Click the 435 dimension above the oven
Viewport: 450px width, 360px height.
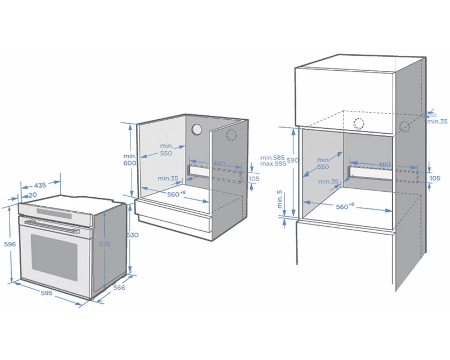(40, 186)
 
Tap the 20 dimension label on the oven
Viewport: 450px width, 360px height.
(33, 195)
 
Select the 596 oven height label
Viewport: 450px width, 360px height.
(10, 244)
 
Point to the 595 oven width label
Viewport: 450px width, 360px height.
(46, 293)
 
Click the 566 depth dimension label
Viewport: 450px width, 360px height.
(119, 288)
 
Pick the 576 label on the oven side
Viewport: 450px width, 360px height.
(105, 244)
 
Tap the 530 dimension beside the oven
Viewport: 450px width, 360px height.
(133, 235)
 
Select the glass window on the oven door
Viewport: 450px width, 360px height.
(54, 257)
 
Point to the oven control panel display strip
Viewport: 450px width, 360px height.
(54, 213)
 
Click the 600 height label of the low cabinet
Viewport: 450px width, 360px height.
(130, 163)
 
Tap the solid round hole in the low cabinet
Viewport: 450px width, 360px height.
(197, 129)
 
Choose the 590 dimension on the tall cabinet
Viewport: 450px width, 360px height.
(292, 160)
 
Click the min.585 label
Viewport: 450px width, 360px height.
(272, 158)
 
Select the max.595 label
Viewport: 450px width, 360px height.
(273, 164)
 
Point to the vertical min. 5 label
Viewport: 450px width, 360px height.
(280, 200)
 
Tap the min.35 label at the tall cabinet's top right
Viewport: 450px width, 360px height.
(437, 121)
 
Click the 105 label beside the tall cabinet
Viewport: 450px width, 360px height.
(435, 178)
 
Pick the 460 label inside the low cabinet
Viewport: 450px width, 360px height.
(219, 164)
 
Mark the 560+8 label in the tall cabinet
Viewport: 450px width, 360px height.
(345, 206)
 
